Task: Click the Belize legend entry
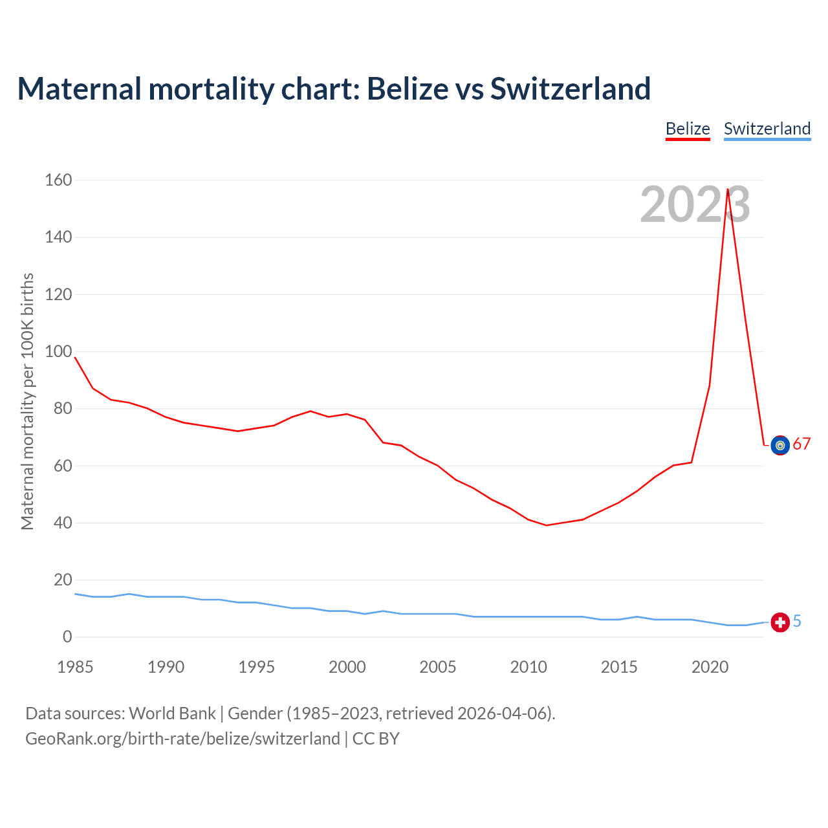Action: point(688,129)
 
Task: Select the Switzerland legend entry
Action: point(767,129)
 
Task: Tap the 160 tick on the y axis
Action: point(58,180)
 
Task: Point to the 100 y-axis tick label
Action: point(58,351)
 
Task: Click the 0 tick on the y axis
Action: point(67,637)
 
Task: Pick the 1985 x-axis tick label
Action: point(75,667)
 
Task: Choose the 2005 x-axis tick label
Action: point(437,667)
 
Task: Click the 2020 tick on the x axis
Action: point(710,667)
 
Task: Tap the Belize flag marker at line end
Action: point(780,445)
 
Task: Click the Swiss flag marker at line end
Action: point(780,622)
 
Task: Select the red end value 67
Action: point(801,444)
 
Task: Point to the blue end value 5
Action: point(797,622)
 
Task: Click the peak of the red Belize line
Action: point(728,190)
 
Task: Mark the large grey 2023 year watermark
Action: point(695,204)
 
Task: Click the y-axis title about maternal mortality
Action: point(27,401)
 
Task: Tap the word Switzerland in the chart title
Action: point(570,89)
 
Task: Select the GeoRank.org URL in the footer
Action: point(182,739)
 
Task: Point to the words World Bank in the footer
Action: point(172,714)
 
